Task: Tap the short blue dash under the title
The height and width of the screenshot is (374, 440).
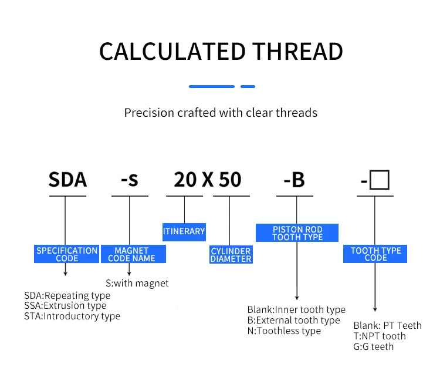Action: [x=248, y=86]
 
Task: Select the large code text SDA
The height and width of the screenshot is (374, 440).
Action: [x=67, y=180]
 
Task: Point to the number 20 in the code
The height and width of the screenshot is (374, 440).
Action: [x=185, y=180]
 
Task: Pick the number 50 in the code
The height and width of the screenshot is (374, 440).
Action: [x=230, y=180]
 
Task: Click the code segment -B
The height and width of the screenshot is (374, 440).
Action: [x=294, y=180]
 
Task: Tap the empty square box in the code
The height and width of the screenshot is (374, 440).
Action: [x=380, y=180]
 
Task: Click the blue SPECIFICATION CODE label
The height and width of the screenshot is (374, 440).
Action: [x=67, y=254]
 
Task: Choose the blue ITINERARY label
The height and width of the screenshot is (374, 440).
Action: [x=184, y=231]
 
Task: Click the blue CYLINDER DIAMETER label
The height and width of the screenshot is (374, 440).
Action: [x=231, y=255]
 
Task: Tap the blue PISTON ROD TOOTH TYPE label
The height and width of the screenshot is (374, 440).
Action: [x=297, y=233]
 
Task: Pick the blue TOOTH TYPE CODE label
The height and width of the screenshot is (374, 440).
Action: [x=375, y=254]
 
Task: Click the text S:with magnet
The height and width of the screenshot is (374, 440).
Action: [x=137, y=283]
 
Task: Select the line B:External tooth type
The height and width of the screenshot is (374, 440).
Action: [x=293, y=321]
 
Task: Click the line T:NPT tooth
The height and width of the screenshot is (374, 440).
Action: [x=379, y=336]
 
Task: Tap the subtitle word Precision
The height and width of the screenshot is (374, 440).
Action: [x=149, y=112]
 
